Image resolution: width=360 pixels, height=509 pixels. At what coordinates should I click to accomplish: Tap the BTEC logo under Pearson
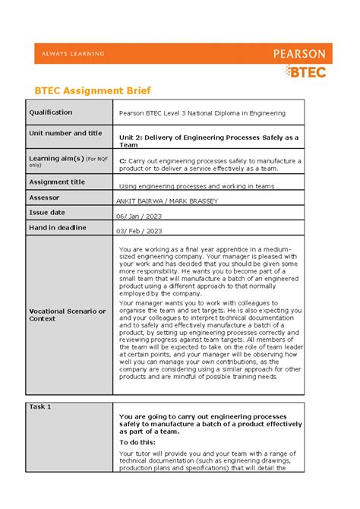[x=305, y=71]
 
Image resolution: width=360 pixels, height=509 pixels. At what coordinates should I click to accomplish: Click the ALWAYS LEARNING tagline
[x=69, y=54]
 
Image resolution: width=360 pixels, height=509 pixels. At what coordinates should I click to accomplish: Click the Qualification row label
[x=51, y=112]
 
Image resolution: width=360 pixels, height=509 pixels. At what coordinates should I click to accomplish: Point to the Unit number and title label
[x=65, y=133]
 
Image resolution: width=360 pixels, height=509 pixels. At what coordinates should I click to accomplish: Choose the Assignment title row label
[x=57, y=182]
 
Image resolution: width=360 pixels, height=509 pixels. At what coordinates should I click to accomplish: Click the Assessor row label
[x=44, y=197]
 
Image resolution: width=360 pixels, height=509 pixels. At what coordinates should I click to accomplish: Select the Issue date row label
[x=47, y=212]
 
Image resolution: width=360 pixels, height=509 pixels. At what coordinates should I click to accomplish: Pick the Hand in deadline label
[x=58, y=227]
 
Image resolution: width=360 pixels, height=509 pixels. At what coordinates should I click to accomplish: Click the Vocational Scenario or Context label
[x=67, y=315]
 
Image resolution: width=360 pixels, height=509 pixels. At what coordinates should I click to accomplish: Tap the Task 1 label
[x=40, y=406]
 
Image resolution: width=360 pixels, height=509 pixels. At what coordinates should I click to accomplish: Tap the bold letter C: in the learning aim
[x=123, y=161]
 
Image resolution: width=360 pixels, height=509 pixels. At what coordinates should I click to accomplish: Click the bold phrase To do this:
[x=137, y=441]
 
